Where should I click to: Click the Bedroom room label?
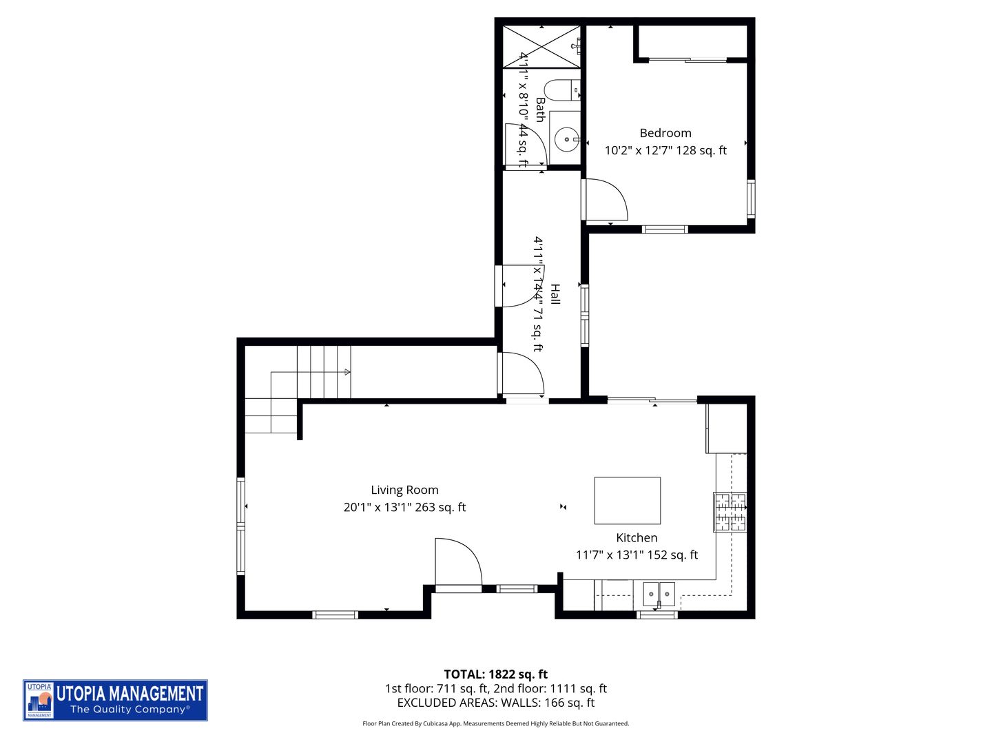point(665,133)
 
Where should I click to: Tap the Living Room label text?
point(404,490)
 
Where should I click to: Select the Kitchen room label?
point(636,537)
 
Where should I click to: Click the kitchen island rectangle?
point(627,501)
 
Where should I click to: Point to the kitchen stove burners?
point(730,513)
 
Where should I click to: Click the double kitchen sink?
point(659,592)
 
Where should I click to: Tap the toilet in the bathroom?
point(559,90)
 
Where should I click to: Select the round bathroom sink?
point(567,141)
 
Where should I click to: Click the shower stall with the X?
point(541,47)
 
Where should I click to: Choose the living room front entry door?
point(457,564)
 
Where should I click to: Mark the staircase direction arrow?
point(347,373)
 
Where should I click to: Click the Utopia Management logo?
point(115,700)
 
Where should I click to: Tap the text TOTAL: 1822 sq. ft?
point(495,674)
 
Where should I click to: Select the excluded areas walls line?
point(495,703)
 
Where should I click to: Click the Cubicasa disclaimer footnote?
point(495,723)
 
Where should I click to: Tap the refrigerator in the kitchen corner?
point(726,428)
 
